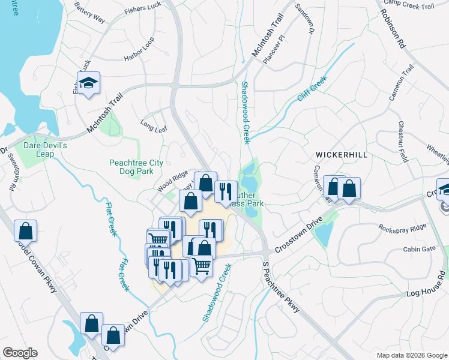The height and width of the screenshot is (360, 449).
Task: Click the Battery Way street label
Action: click(x=90, y=13)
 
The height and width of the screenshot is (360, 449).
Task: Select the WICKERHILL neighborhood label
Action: click(x=341, y=155)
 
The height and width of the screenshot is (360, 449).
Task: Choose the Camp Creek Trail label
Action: click(x=408, y=5)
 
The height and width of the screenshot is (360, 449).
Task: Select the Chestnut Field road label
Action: click(x=403, y=142)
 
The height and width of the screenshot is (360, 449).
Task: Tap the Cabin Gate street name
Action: click(x=419, y=249)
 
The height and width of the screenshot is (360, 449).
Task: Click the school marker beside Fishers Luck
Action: click(x=88, y=83)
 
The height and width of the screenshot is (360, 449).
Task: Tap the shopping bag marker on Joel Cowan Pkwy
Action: click(x=25, y=230)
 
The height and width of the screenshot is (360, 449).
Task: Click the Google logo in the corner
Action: click(x=20, y=352)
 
